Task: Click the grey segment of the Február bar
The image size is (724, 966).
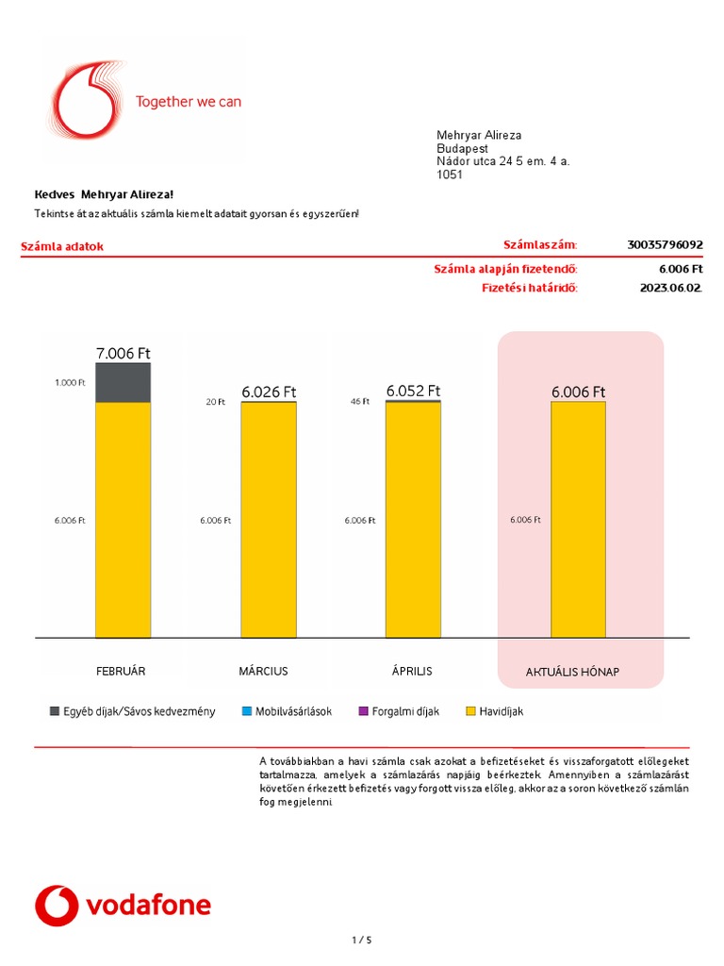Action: point(123,382)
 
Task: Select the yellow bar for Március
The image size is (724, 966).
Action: point(268,519)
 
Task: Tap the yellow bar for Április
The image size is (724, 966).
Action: point(413,519)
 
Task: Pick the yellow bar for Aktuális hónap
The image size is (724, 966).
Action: point(578,519)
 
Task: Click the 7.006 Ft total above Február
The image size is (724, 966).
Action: point(123,354)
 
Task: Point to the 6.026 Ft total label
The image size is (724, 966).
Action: point(269,391)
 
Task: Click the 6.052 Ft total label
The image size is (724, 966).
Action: point(413,391)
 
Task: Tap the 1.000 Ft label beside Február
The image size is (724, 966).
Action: point(70,382)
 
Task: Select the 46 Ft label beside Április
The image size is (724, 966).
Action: point(360,401)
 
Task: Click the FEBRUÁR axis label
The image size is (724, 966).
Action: point(121,671)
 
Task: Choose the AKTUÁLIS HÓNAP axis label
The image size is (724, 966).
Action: point(572,673)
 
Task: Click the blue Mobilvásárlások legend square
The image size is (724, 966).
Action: point(247,711)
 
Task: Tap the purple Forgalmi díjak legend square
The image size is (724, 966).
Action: point(363,711)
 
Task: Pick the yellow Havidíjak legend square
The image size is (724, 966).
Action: point(471,711)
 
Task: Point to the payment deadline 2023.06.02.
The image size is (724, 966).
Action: point(670,288)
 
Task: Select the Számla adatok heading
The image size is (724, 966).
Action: point(62,247)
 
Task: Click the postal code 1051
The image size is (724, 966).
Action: point(450,175)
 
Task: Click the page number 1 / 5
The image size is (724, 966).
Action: point(362,940)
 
